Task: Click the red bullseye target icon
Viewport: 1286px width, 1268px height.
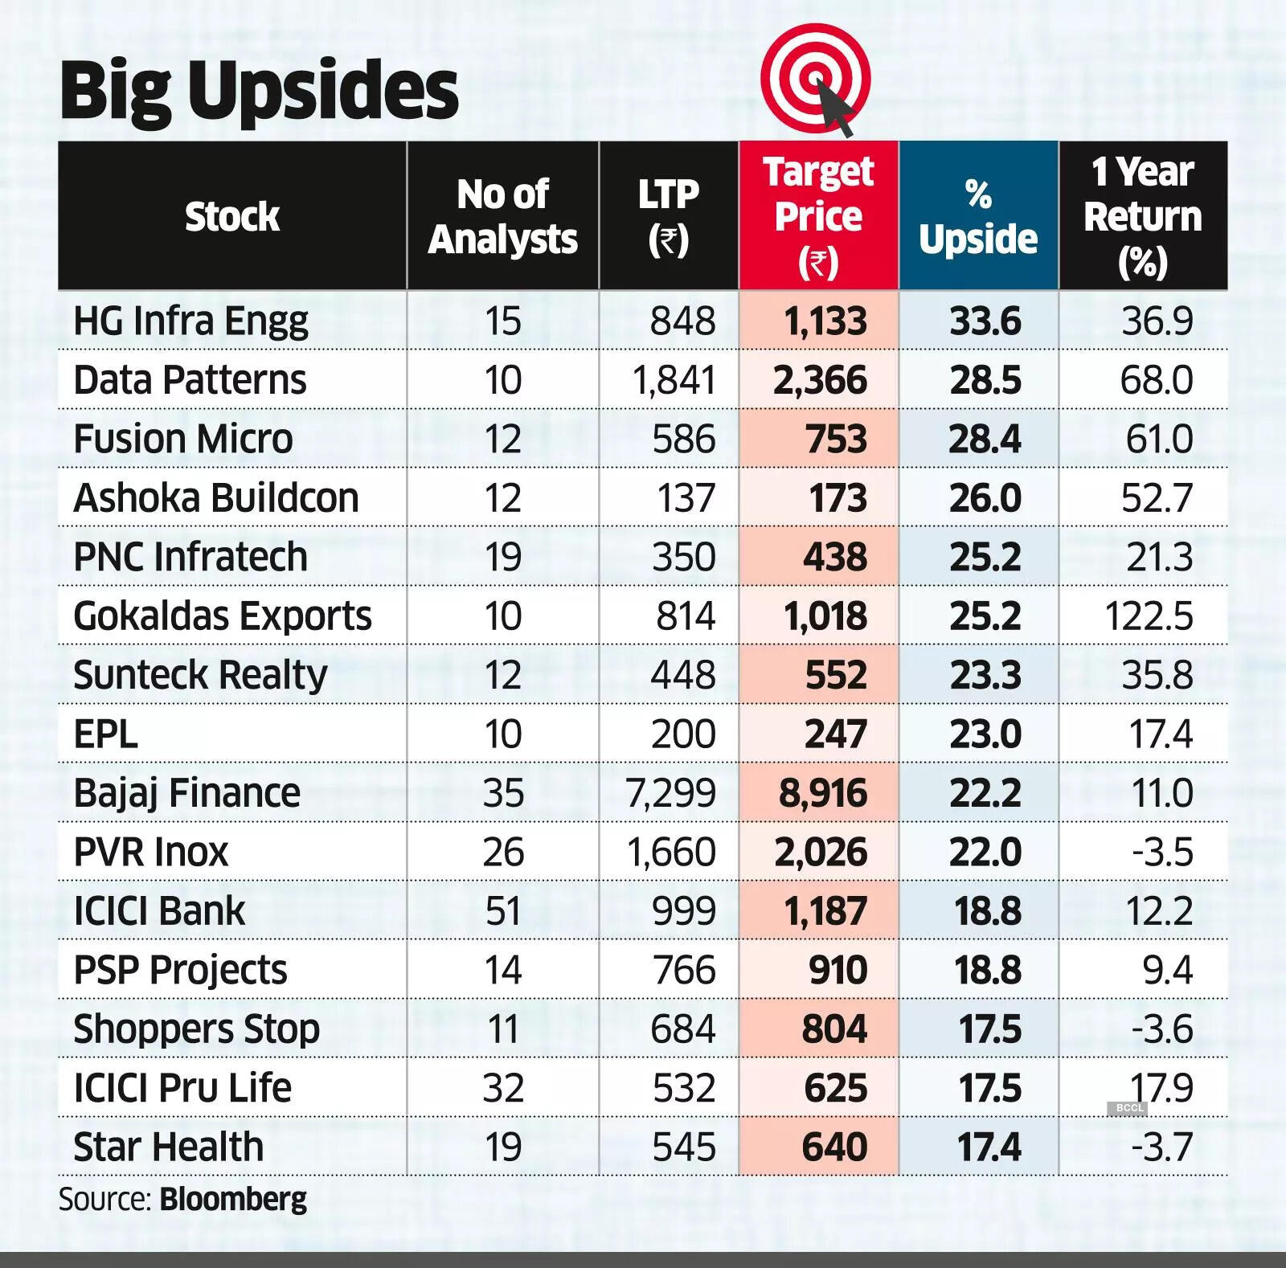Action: [815, 79]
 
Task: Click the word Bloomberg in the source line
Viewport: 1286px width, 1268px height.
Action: [233, 1199]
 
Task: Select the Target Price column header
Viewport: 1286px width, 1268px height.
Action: [818, 215]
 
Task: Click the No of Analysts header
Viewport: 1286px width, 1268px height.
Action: [503, 215]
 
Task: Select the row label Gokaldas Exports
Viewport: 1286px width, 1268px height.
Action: [223, 616]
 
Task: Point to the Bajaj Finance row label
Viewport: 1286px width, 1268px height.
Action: [186, 793]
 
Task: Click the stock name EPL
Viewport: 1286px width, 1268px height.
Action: [105, 734]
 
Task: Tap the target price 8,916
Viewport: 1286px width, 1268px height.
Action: [823, 793]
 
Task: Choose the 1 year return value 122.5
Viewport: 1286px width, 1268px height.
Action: [1149, 616]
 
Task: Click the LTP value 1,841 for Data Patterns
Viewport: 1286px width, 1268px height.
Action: [674, 379]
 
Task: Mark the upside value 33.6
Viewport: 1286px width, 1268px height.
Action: [985, 321]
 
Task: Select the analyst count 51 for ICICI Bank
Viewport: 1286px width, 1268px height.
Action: [503, 911]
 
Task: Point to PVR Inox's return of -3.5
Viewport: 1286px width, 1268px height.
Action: [1162, 852]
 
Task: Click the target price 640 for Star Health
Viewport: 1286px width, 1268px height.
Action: [834, 1147]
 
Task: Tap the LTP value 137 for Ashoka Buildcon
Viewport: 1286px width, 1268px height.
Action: [686, 497]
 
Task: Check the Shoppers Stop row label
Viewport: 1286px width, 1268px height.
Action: [196, 1029]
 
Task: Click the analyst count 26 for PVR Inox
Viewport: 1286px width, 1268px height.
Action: [503, 852]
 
